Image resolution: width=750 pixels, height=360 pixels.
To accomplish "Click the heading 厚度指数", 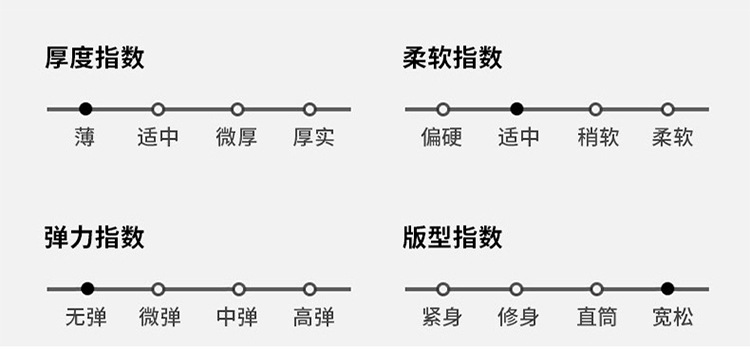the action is pyautogui.click(x=94, y=58).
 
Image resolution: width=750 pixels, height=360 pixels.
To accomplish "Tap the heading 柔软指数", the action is pyautogui.click(x=452, y=58).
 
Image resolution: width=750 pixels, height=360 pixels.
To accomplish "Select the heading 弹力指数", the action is pyautogui.click(x=94, y=237).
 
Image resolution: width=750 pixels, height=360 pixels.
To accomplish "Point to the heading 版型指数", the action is pyautogui.click(x=452, y=237).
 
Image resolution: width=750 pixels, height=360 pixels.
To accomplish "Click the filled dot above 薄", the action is pyautogui.click(x=86, y=109).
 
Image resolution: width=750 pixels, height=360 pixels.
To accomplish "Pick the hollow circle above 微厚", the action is pyautogui.click(x=238, y=109).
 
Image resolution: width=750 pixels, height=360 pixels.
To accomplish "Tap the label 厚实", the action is pyautogui.click(x=313, y=138).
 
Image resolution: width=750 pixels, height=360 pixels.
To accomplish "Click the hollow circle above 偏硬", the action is pyautogui.click(x=443, y=109).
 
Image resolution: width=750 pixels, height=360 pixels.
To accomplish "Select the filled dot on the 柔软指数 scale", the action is pyautogui.click(x=517, y=109).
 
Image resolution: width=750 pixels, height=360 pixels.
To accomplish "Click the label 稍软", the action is pyautogui.click(x=598, y=138).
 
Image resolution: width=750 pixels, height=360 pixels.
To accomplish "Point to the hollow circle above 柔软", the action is pyautogui.click(x=668, y=109).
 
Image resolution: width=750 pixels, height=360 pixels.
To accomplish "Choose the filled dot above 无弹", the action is pyautogui.click(x=87, y=289).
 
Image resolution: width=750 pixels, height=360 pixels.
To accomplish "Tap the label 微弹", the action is pyautogui.click(x=160, y=317).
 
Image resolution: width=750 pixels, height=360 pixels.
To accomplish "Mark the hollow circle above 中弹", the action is pyautogui.click(x=239, y=289).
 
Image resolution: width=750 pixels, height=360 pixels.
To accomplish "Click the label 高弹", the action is pyautogui.click(x=313, y=317).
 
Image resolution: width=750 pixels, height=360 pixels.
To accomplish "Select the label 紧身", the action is pyautogui.click(x=442, y=317).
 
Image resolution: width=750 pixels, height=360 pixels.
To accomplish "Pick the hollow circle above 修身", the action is pyautogui.click(x=516, y=289).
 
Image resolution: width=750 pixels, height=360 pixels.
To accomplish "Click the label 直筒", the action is pyautogui.click(x=597, y=317).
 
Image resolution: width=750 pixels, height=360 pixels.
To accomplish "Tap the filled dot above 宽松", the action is pyautogui.click(x=667, y=289).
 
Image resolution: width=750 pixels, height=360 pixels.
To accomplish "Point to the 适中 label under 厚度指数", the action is pyautogui.click(x=158, y=138).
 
